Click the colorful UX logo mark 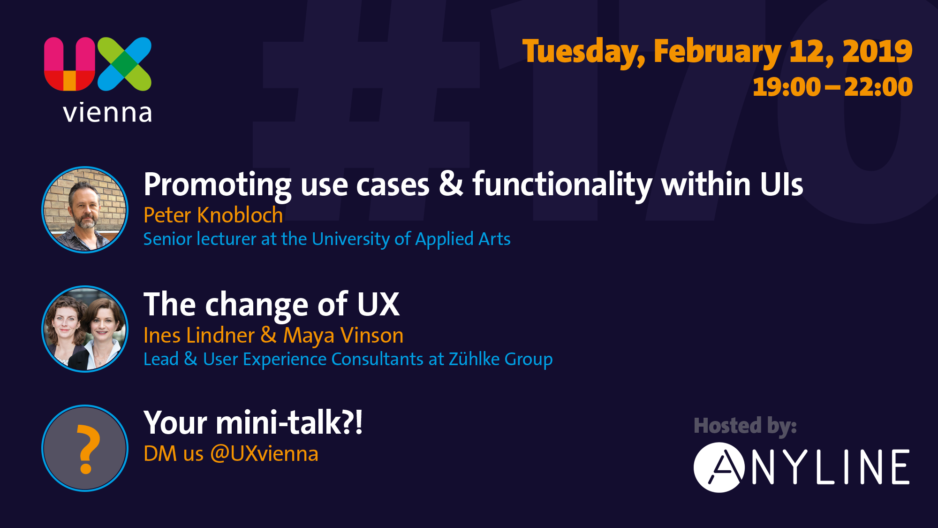coord(98,64)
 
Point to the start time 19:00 coord(787,87)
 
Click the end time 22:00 coord(878,87)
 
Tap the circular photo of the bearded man coord(85,210)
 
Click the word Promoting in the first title coord(218,186)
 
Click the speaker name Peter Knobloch coord(213,215)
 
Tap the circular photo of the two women coord(85,329)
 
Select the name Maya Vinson coord(343,336)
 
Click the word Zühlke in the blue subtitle coord(474,359)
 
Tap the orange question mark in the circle coord(88,449)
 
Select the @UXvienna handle coord(264,454)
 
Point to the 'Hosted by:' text coord(745,426)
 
